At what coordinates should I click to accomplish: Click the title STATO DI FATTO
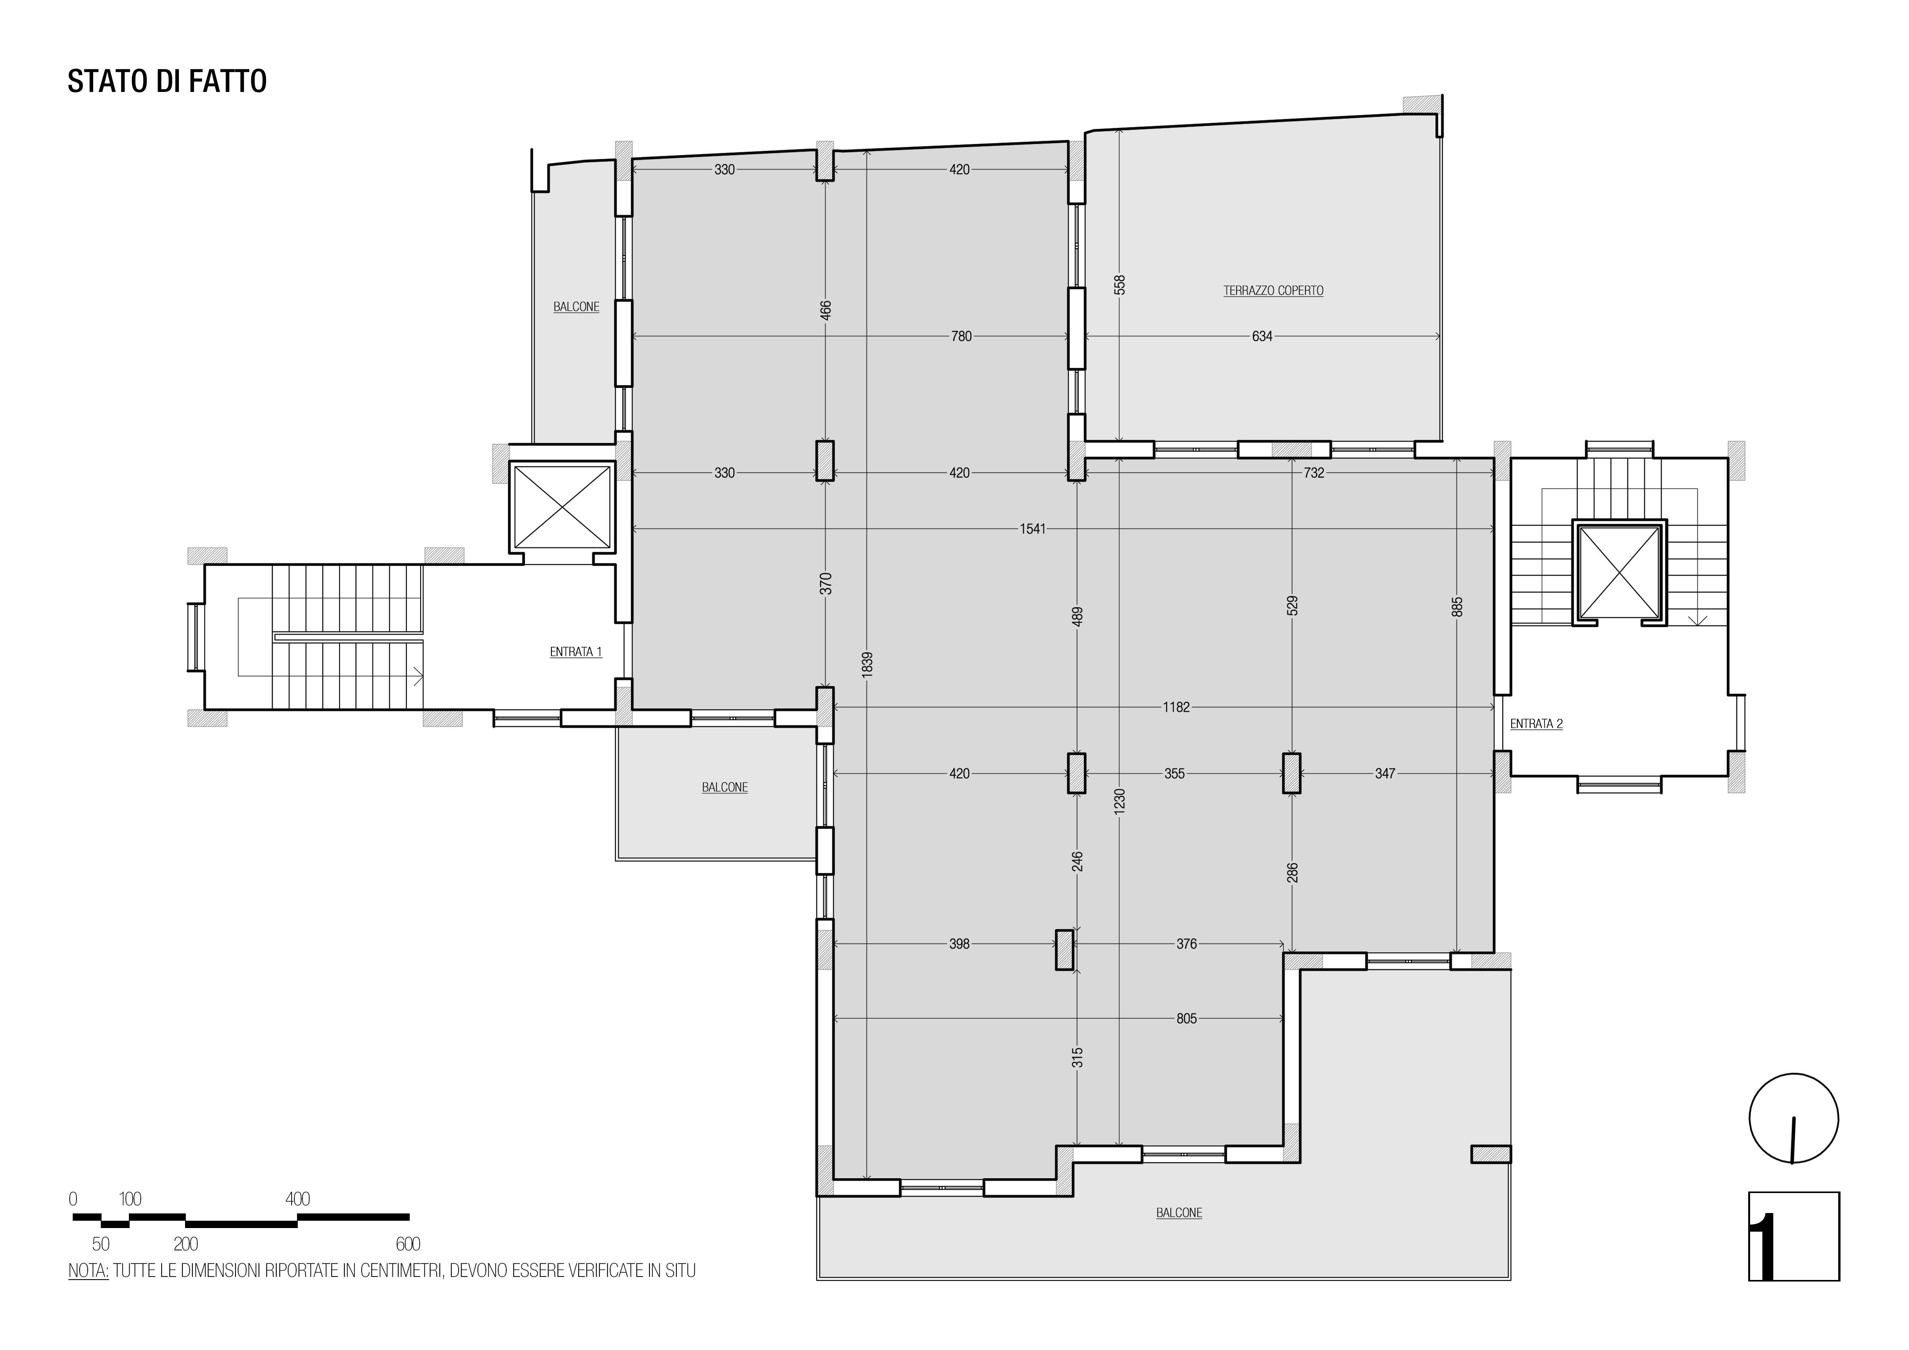click(x=167, y=82)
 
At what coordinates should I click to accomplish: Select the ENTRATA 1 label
click(x=576, y=652)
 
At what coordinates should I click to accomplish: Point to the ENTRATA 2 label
click(x=1536, y=724)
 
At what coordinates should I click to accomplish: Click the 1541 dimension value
click(x=1033, y=529)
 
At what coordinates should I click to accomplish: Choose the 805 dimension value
click(x=1186, y=1018)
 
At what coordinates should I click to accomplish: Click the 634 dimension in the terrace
click(x=1262, y=337)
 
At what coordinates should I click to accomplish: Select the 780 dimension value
click(x=961, y=337)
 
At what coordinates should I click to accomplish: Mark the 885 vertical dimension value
click(x=1457, y=607)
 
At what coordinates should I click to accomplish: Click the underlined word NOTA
click(x=88, y=1271)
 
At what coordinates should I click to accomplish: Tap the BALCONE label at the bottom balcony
click(x=1179, y=1213)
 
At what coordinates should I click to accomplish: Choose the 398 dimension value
click(x=960, y=944)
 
